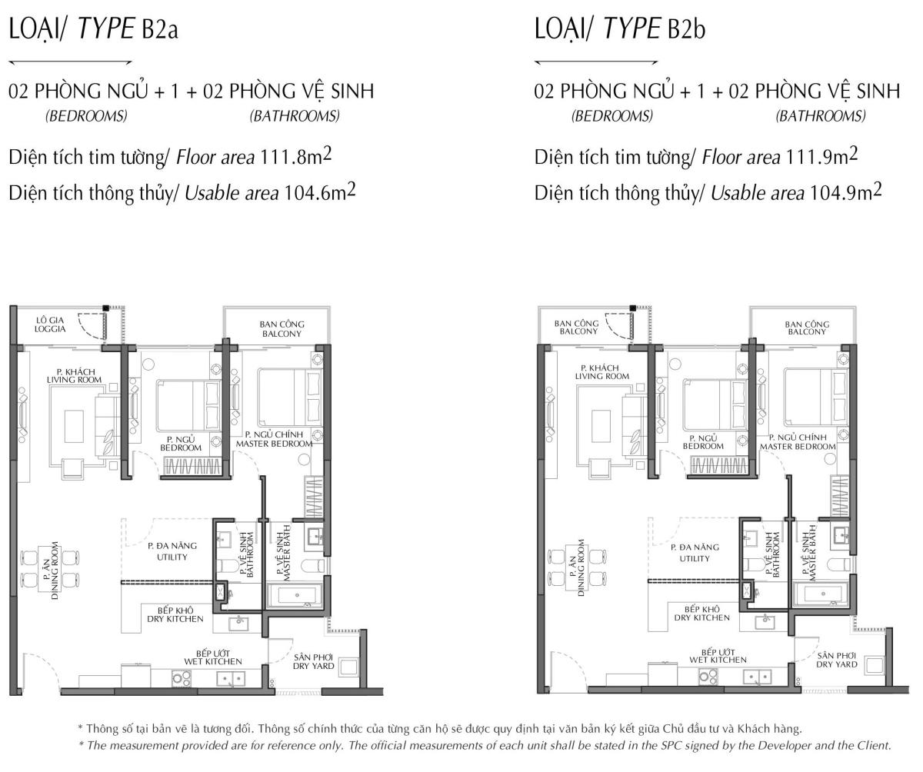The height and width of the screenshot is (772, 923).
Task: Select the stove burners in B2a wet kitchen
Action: coord(182,678)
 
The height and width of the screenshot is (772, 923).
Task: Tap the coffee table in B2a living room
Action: coord(74,426)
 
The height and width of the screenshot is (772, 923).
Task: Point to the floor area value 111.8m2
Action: coord(295,156)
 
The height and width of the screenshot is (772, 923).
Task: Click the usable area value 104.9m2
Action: coord(845,192)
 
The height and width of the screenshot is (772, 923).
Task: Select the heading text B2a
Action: coord(160,30)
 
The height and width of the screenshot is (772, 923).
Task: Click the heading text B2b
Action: coord(687,30)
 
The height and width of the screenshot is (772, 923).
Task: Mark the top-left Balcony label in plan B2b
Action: coord(576,328)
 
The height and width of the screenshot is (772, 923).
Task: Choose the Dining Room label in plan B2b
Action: coord(576,567)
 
